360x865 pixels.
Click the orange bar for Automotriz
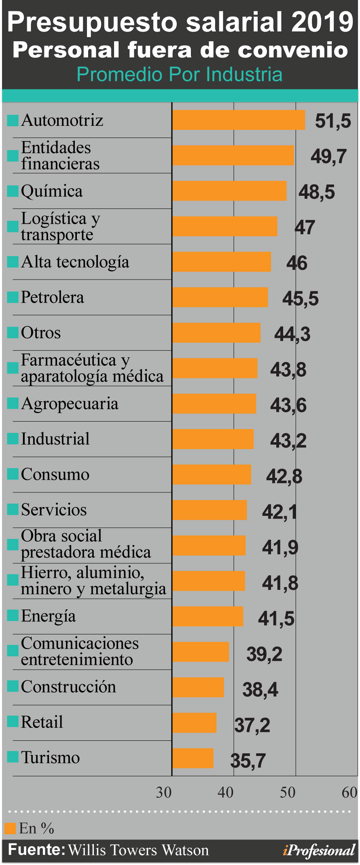(x=239, y=120)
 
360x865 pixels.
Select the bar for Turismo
(x=193, y=758)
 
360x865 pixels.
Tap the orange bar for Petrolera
(x=220, y=297)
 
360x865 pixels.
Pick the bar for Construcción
(x=198, y=687)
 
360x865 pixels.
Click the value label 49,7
(x=328, y=156)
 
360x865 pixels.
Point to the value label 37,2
(x=252, y=725)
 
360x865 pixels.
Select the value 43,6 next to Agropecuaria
(x=288, y=405)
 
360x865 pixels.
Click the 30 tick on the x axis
(x=164, y=793)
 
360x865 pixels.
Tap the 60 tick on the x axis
(x=349, y=793)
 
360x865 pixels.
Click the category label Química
(x=52, y=191)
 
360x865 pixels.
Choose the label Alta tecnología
(x=75, y=262)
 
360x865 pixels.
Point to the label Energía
(x=49, y=616)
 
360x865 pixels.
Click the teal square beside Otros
(x=13, y=333)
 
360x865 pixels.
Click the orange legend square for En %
(x=10, y=828)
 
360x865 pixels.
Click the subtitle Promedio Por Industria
(x=180, y=74)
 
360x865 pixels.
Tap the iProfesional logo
(x=319, y=850)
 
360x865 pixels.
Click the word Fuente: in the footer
(x=36, y=850)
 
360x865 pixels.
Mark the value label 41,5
(x=276, y=619)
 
